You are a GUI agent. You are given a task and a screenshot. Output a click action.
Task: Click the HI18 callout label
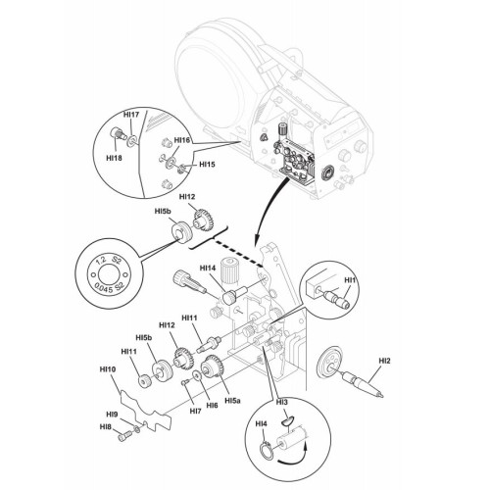coord(114,158)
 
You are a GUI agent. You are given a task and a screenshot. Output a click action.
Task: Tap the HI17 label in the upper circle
coord(131,115)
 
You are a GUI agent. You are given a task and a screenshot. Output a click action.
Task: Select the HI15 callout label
coord(207,164)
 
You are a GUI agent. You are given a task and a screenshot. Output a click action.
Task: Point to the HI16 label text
coord(182,140)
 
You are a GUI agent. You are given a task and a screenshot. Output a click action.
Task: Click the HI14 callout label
coord(208,269)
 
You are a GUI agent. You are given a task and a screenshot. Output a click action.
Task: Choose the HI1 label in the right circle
coord(350,280)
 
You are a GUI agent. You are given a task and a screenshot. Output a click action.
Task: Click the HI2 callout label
coord(384,361)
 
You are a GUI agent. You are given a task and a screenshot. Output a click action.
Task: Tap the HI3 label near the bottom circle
coord(282,402)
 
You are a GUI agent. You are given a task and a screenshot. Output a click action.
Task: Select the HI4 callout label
coord(262,423)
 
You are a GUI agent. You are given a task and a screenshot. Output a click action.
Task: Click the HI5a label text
coord(233,400)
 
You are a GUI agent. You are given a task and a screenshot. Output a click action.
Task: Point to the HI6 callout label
coord(212,405)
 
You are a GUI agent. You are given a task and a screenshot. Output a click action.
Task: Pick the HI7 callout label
coord(196,411)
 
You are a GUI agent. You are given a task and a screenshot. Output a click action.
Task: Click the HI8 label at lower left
coord(106,427)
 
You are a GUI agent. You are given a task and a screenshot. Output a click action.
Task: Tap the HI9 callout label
coord(112,415)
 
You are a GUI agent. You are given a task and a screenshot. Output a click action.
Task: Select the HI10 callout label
coord(108,369)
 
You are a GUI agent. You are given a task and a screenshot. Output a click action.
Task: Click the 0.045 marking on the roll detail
coord(103,287)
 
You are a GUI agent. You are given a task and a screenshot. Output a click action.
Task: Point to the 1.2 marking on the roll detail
coord(101,261)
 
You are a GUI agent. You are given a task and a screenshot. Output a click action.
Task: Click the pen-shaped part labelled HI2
coord(362,385)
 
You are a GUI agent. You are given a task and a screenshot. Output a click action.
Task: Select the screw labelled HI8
coord(124,436)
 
